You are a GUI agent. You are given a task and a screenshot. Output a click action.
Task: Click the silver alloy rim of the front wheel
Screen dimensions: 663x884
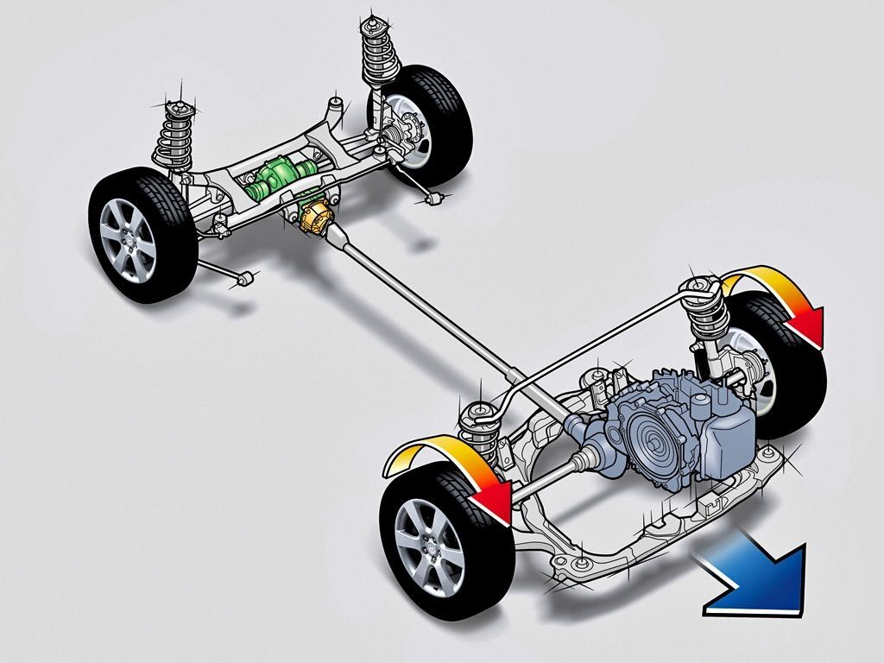pyautogui.click(x=429, y=545)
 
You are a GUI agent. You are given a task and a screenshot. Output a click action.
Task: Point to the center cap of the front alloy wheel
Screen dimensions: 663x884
pyautogui.click(x=429, y=546)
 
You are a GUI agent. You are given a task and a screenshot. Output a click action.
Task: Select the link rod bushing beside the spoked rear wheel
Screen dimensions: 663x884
pyautogui.click(x=245, y=278)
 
